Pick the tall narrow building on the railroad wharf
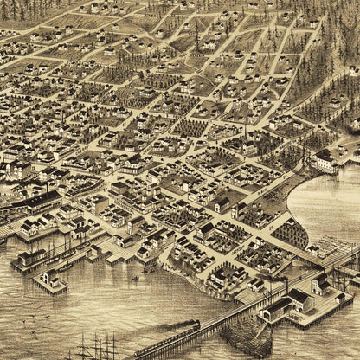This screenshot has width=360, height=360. click(320, 286)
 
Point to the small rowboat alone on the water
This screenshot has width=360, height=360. click(135, 279)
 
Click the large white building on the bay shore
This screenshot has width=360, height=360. click(325, 161)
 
